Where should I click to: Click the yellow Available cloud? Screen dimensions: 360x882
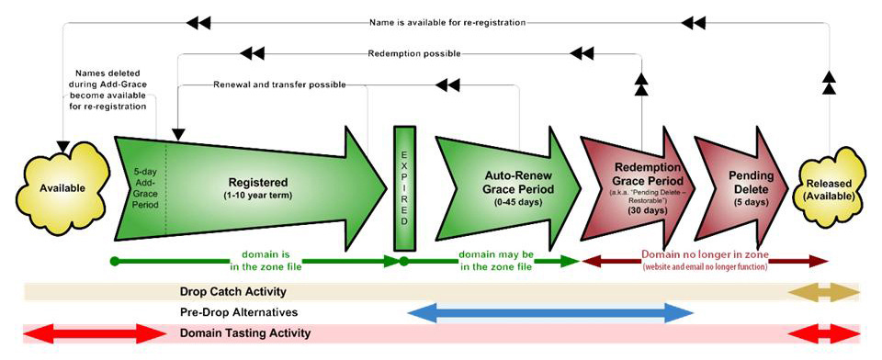click(62, 187)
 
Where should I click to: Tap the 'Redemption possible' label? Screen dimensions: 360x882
click(413, 53)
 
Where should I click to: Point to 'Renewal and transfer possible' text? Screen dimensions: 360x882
click(279, 84)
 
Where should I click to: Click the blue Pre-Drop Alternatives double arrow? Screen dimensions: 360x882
click(549, 313)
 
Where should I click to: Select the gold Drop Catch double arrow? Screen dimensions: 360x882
click(824, 292)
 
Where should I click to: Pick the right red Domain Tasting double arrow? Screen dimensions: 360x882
click(824, 333)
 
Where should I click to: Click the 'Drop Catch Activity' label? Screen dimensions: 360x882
click(232, 292)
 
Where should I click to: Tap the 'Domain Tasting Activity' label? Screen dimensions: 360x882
click(244, 333)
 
